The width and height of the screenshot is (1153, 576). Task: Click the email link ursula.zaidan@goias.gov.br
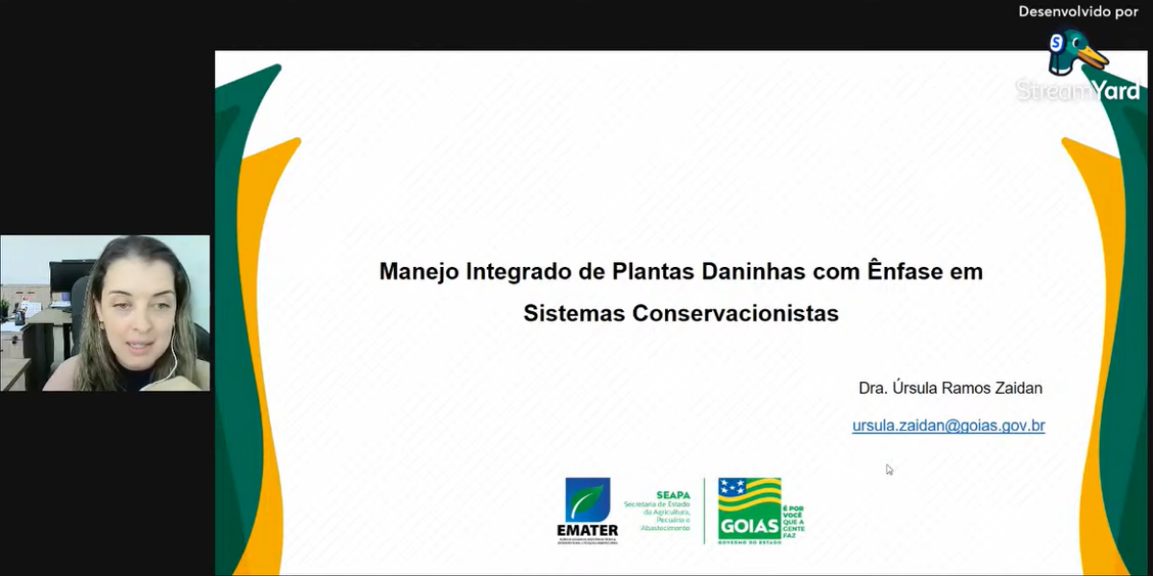(947, 425)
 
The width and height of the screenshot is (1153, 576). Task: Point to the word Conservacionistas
(735, 314)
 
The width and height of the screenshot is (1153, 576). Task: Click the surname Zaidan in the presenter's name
(1015, 389)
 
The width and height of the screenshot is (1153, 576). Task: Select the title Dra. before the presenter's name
(872, 389)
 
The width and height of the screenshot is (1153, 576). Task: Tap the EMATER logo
(587, 509)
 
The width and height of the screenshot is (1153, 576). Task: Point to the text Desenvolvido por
(1078, 12)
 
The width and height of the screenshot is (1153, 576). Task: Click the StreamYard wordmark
(1078, 91)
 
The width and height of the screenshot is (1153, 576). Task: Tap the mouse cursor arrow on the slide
(889, 469)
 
